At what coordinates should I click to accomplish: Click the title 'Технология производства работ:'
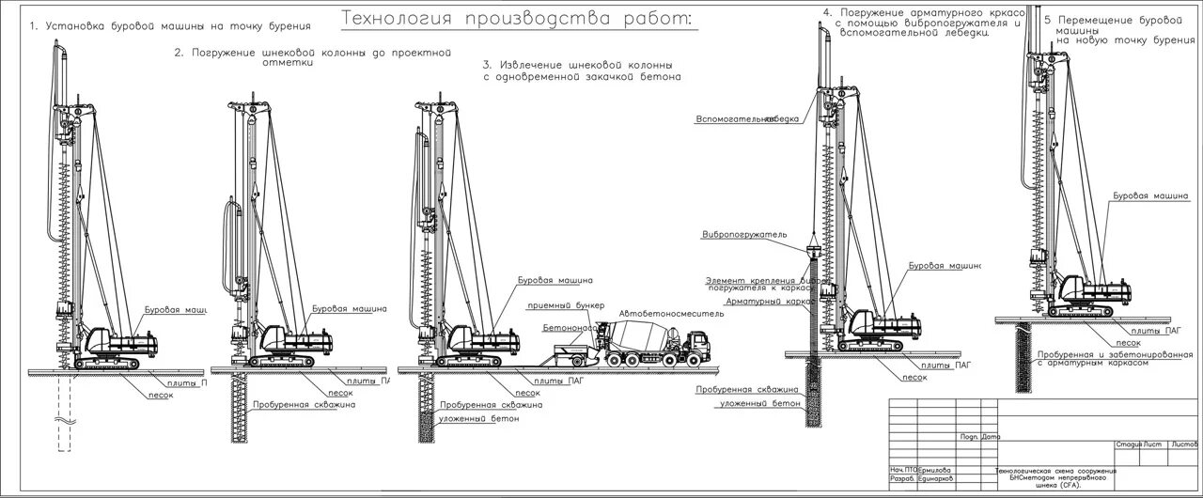tap(514, 18)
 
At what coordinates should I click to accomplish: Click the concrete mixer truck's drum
tap(624, 333)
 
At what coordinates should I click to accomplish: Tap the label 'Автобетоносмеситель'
tap(671, 314)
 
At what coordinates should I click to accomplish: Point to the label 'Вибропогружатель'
tap(744, 234)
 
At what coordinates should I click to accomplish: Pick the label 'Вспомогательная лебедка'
tap(748, 119)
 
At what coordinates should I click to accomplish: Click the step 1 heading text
tap(170, 25)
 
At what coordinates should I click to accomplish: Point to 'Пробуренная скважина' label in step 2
tap(304, 405)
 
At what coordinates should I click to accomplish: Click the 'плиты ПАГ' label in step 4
tap(945, 364)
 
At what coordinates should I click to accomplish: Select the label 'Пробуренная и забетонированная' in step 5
tap(1101, 354)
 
